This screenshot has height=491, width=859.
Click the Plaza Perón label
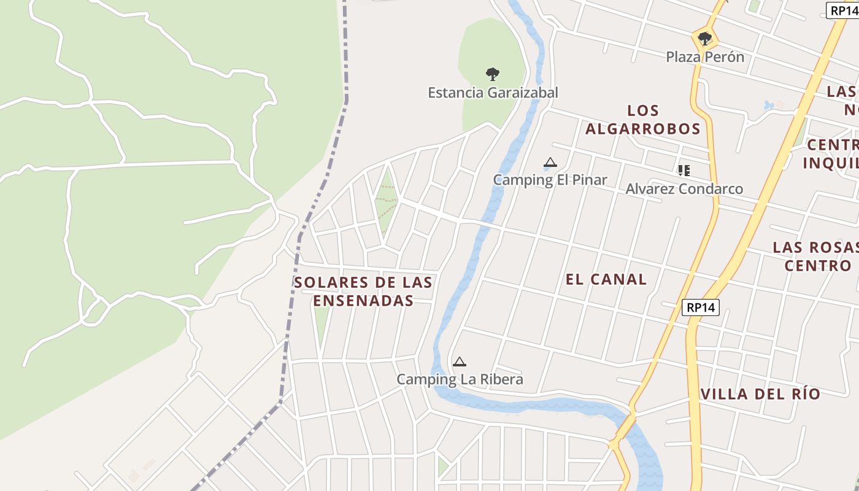coord(705,57)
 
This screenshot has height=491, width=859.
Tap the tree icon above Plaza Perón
coord(705,39)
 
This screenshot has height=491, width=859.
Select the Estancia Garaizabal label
coord(493,93)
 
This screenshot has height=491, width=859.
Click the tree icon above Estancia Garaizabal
coord(492,74)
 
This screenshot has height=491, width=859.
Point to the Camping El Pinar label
coord(550,180)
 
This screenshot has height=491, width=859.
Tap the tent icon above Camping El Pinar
coord(550,163)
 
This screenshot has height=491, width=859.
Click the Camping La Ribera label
coord(460,379)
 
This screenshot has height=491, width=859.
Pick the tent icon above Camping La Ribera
coord(460,362)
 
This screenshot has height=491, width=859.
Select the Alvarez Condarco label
coord(684,188)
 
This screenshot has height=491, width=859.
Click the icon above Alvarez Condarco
coord(684,170)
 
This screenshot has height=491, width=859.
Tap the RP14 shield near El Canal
coord(700,307)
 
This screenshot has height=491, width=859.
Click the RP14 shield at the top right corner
coord(844,10)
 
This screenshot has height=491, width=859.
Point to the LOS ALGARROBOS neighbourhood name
coord(642,120)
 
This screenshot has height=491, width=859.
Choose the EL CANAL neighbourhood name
coord(606,279)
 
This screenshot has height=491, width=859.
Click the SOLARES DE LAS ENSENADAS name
coord(363,292)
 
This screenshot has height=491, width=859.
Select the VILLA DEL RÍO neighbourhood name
coord(760,394)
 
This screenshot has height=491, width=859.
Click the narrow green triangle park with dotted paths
coord(386,203)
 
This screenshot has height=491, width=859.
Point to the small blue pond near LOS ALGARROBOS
coord(769,106)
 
